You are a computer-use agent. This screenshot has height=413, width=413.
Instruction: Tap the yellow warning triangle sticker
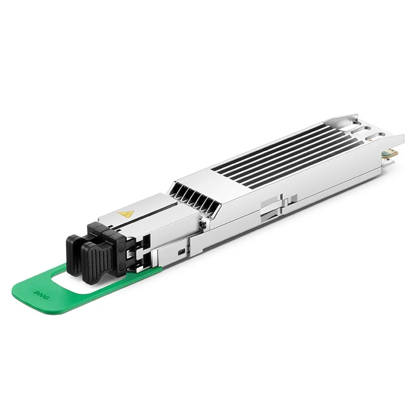[x=125, y=213]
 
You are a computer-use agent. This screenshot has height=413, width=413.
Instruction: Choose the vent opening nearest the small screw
[x=212, y=208]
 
